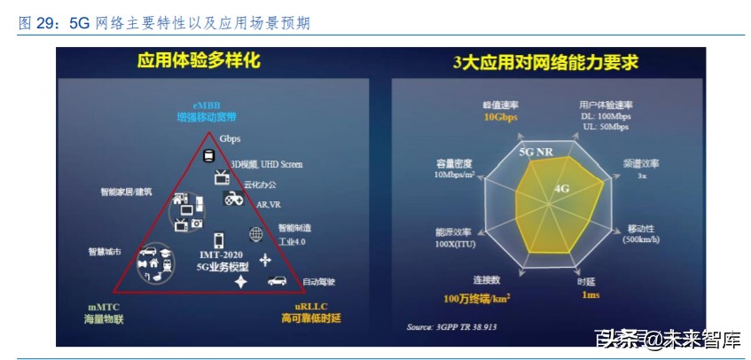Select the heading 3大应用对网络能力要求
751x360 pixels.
[x=545, y=62]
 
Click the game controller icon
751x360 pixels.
[x=233, y=199]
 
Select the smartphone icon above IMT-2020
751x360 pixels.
[x=218, y=239]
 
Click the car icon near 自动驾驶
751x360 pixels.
[x=277, y=279]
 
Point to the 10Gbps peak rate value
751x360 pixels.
[x=502, y=117]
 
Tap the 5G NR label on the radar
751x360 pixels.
[x=536, y=152]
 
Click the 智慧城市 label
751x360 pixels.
[x=105, y=252]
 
